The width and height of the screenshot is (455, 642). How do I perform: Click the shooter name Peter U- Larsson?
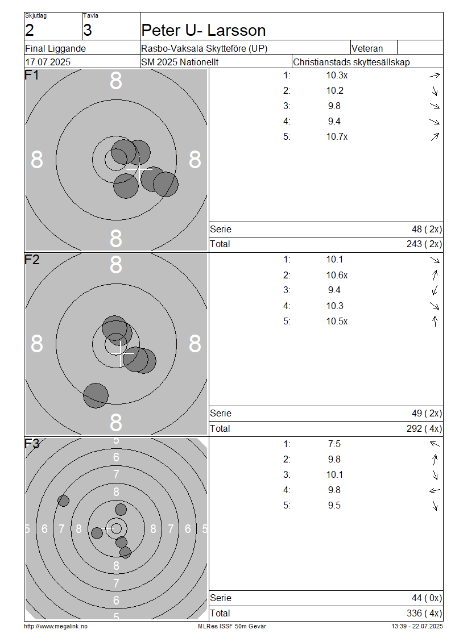point(203,30)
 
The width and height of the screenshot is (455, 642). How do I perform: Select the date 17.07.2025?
point(48,62)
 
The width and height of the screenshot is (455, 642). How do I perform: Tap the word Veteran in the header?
point(367,48)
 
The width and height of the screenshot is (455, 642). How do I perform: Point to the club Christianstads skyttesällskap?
point(351,62)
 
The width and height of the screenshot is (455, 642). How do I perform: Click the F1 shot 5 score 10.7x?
point(337,137)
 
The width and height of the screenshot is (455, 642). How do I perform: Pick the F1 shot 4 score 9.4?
point(334,121)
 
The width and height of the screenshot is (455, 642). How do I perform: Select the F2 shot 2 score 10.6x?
point(337,275)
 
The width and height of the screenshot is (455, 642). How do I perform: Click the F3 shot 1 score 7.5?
point(334,444)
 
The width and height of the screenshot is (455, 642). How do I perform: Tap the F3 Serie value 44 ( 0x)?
point(427,598)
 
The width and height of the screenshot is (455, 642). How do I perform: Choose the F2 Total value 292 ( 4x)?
point(424,429)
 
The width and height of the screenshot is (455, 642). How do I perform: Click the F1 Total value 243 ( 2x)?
point(424,244)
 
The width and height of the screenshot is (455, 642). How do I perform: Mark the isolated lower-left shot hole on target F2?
point(96,395)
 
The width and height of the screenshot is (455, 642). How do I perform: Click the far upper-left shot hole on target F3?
point(63,501)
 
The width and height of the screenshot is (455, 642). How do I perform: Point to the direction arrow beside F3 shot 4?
point(435,490)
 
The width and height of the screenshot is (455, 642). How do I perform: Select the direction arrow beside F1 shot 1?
point(435,76)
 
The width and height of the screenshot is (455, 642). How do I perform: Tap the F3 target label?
point(32,443)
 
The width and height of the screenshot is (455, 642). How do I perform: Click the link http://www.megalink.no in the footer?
point(56,626)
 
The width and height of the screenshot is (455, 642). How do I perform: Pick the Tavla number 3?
point(88,30)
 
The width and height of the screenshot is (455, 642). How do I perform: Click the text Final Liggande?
point(55,48)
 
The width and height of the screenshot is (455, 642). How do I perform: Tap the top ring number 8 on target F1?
point(116,81)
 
